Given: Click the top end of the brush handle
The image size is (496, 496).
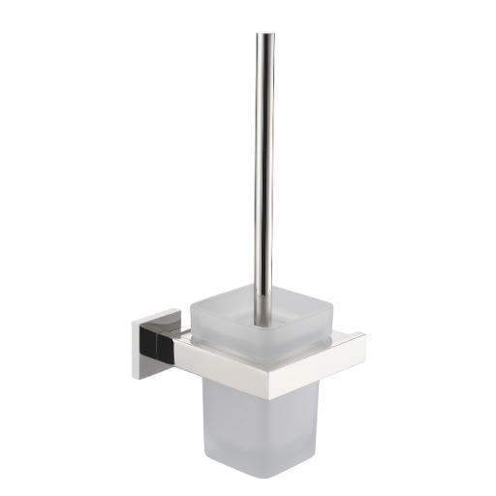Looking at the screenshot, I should [264, 37].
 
